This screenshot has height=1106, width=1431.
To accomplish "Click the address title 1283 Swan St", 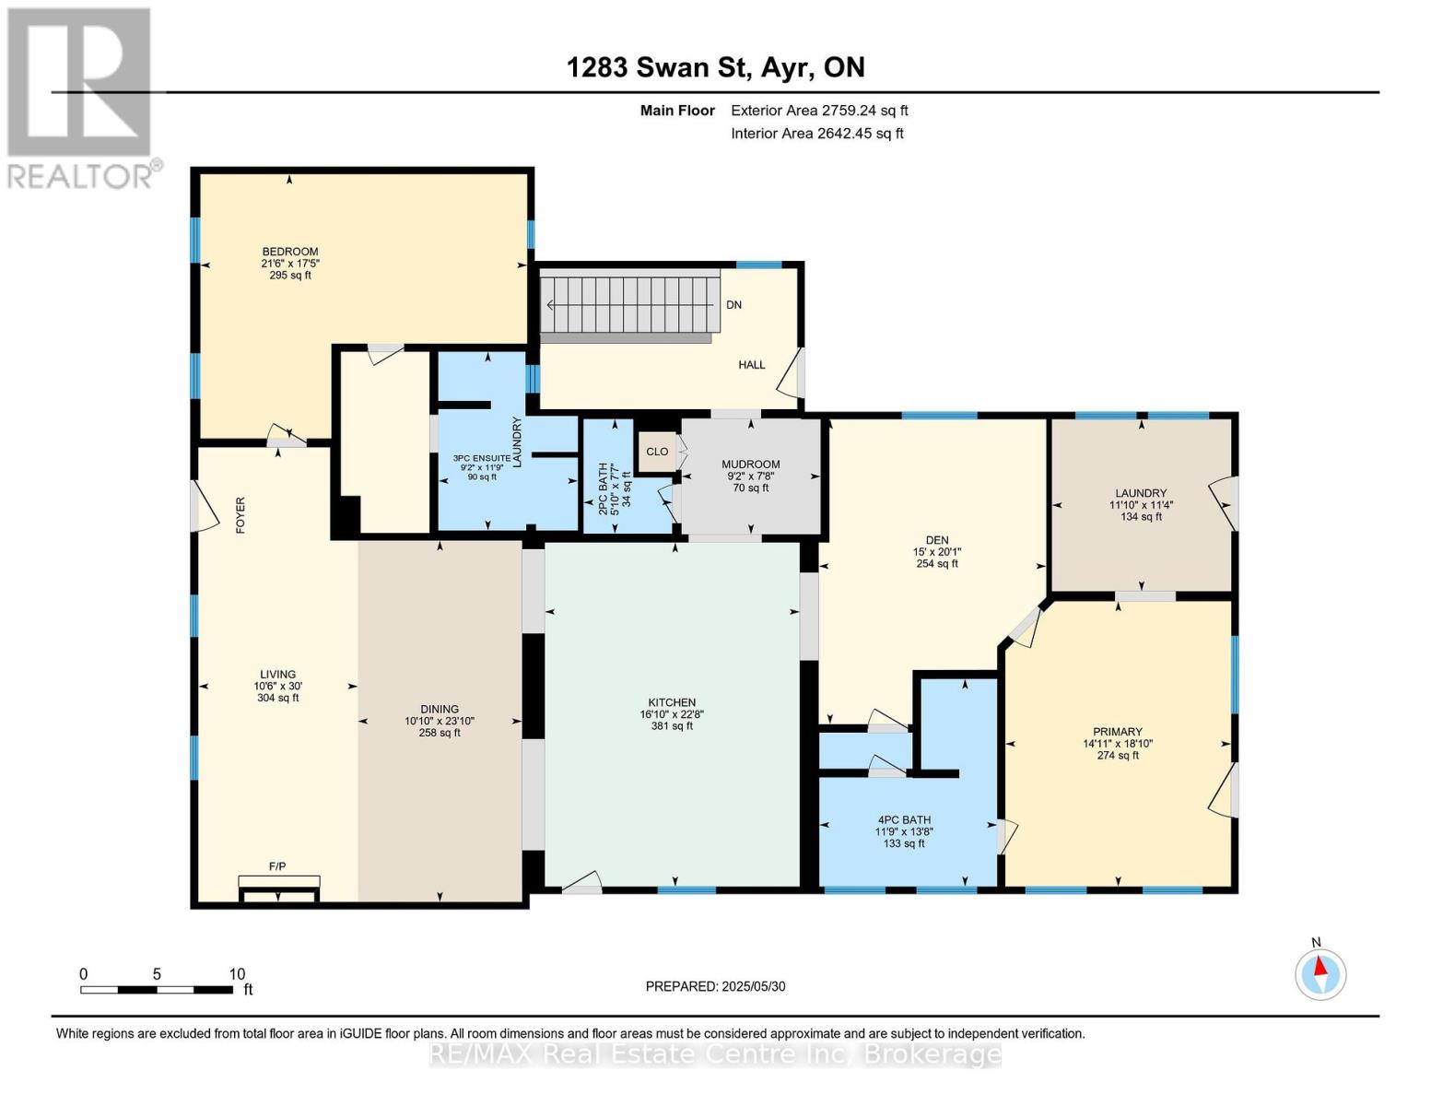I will pos(715,67).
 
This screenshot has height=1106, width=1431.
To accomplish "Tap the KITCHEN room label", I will pos(672,702).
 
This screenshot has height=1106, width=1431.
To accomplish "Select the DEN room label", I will pos(937,541).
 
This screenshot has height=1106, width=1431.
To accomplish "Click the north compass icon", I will pos(1320,973).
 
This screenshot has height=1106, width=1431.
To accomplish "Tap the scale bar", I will pos(157,990).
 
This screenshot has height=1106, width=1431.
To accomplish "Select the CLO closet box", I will pos(657,452).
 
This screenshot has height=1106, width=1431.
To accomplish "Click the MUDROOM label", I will pos(750,465).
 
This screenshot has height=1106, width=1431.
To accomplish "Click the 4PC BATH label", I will pos(903,819).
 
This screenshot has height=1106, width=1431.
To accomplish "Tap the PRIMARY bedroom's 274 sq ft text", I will pos(1118,756).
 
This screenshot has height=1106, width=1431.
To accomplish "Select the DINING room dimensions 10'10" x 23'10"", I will pos(440,722).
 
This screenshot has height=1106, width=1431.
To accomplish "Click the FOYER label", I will pos(240,516).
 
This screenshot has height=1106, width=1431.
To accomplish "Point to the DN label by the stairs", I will pos(733,305).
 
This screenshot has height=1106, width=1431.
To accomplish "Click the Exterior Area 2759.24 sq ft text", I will pos(819,111).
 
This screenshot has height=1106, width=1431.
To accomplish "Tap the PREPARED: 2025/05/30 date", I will pos(715,986).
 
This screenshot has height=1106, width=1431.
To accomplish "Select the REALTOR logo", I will pos(81,97).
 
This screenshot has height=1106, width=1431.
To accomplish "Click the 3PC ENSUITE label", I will pos(481,458).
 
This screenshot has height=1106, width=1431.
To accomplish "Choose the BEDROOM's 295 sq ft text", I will pos(290,275).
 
